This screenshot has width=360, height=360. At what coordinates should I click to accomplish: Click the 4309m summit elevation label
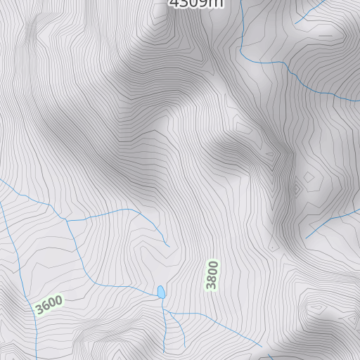196,4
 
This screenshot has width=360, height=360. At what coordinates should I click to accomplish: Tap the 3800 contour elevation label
212,275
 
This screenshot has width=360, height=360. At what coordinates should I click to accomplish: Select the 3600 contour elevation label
49,304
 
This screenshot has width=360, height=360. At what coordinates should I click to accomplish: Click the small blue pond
161,292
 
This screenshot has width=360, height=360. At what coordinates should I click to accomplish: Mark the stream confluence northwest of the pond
67,220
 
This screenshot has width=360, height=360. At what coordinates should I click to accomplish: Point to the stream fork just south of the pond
165,310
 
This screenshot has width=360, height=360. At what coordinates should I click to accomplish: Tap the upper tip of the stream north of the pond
169,246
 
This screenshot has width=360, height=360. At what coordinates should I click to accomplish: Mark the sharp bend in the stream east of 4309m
240,49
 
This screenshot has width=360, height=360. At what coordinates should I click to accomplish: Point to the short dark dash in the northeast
325,34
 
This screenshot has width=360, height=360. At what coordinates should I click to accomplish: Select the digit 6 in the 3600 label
45,306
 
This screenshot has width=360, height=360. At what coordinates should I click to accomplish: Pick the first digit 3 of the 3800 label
212,285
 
